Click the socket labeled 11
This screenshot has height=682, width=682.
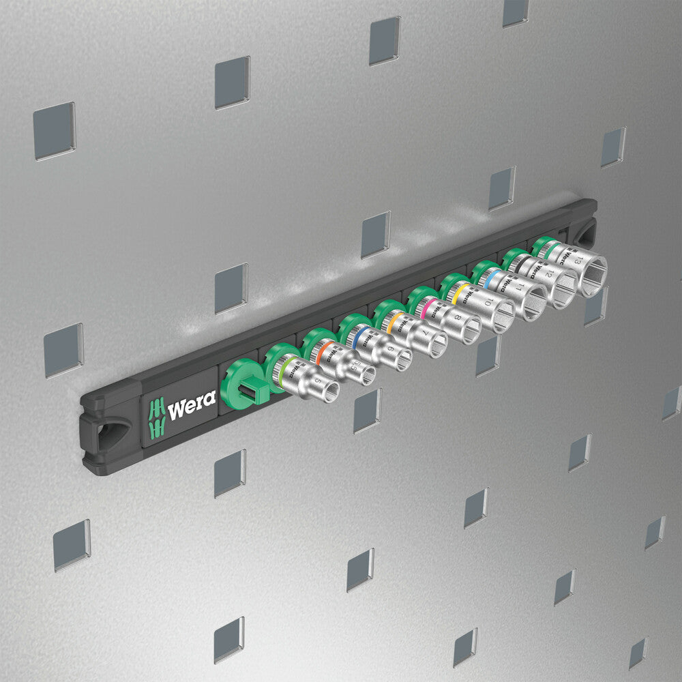(x=520, y=291)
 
